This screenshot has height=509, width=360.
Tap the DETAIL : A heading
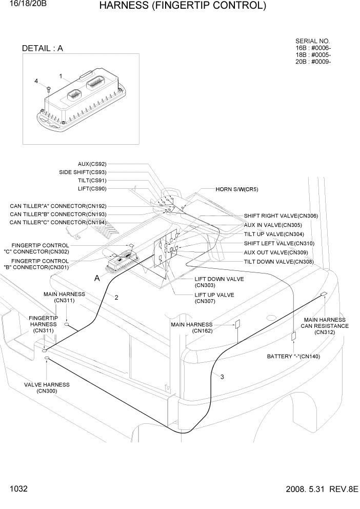click(x=43, y=49)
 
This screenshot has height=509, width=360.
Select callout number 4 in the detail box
click(x=36, y=81)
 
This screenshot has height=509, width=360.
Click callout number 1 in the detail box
click(x=61, y=76)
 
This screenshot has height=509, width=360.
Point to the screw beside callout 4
click(x=47, y=90)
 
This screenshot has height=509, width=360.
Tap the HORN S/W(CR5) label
click(x=237, y=189)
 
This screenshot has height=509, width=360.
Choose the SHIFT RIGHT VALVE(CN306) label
click(x=281, y=216)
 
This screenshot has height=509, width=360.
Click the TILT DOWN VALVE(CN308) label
click(x=278, y=262)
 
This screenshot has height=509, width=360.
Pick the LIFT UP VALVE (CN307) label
click(x=214, y=298)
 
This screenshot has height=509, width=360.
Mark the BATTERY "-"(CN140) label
click(x=293, y=356)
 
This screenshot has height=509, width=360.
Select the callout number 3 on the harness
click(x=222, y=377)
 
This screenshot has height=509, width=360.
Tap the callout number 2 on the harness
click(x=116, y=297)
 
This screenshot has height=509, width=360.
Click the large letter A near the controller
click(x=97, y=278)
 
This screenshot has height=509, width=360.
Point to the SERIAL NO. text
click(x=313, y=41)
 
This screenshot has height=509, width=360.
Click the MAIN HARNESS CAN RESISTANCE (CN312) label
click(x=325, y=326)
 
